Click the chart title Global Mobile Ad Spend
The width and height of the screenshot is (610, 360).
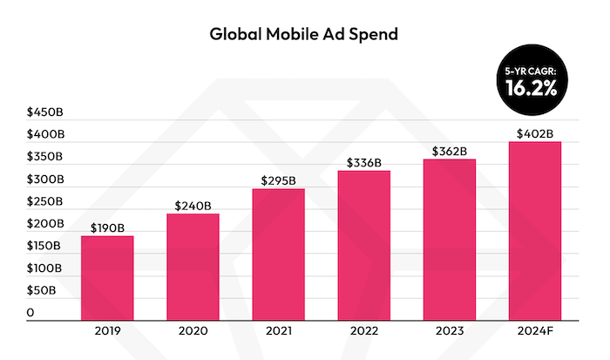(x=304, y=35)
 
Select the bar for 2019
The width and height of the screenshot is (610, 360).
(x=108, y=277)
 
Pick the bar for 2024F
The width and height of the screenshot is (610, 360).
(x=535, y=230)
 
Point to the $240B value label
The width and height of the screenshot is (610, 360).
(x=193, y=206)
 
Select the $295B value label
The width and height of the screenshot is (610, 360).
(x=279, y=180)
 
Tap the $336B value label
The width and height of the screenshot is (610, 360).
(x=364, y=162)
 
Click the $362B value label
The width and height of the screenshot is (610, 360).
(x=450, y=151)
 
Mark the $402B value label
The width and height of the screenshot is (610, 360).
(x=535, y=133)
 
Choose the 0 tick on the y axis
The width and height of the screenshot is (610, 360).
(x=30, y=312)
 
